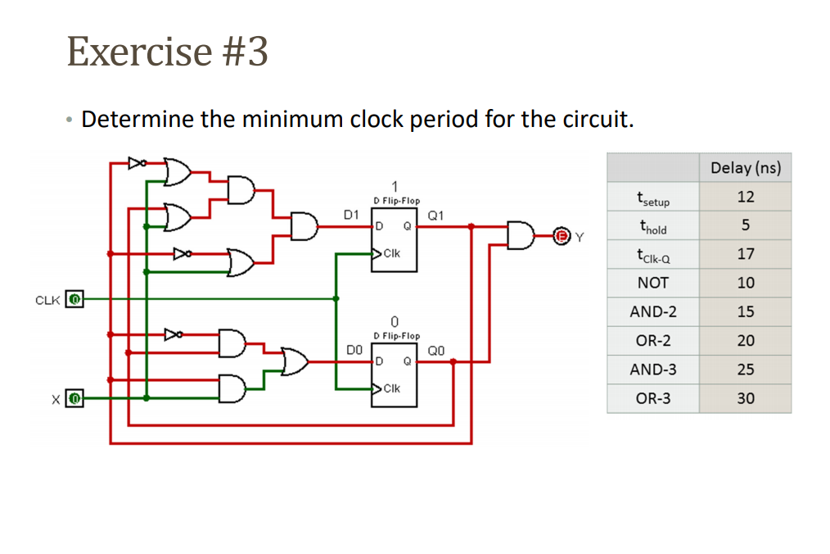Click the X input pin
(74, 399)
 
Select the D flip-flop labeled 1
(396, 234)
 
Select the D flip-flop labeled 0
(396, 369)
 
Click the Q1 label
(435, 216)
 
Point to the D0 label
(354, 350)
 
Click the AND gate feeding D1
(304, 227)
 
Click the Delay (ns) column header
(745, 168)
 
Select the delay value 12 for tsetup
(745, 197)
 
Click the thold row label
(652, 226)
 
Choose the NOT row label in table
(652, 284)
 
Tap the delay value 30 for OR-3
(745, 399)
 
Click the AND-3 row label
(652, 370)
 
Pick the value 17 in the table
(745, 254)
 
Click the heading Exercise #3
(167, 51)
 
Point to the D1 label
(350, 215)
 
